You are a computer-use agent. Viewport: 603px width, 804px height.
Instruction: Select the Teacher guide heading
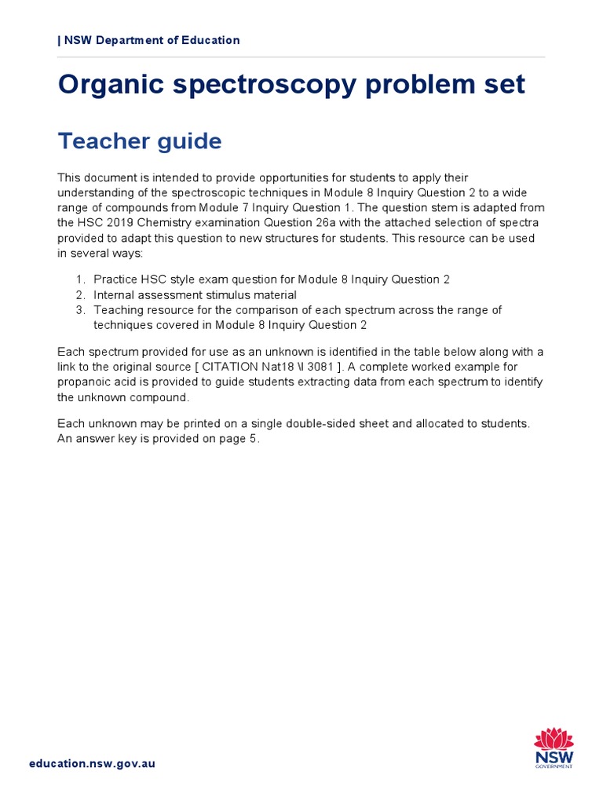pyautogui.click(x=140, y=141)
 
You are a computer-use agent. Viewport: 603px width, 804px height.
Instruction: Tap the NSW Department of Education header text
pyautogui.click(x=149, y=40)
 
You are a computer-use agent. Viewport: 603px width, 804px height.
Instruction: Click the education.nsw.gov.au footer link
pyautogui.click(x=92, y=763)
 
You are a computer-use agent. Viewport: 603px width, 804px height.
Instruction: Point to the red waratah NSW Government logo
pyautogui.click(x=554, y=747)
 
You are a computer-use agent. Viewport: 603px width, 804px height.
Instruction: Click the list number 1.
pyautogui.click(x=80, y=280)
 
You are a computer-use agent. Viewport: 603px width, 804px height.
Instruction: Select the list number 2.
pyautogui.click(x=80, y=294)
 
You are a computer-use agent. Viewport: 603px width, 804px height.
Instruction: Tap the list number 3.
pyautogui.click(x=80, y=310)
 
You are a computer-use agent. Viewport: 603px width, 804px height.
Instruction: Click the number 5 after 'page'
pyautogui.click(x=253, y=439)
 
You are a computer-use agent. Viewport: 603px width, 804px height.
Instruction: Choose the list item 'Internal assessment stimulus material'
pyautogui.click(x=195, y=294)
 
